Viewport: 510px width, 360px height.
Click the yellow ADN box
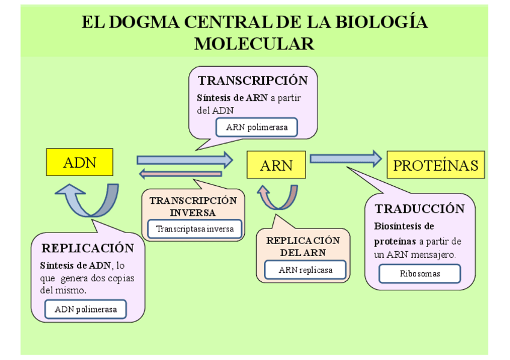point(79,162)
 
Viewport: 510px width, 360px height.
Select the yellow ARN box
point(276,165)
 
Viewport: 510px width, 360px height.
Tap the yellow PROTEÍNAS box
point(435,165)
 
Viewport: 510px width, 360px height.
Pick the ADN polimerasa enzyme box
point(85,310)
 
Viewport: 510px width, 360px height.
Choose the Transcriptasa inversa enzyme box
point(195,229)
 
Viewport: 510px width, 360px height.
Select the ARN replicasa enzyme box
point(305,270)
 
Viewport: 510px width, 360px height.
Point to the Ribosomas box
point(419,273)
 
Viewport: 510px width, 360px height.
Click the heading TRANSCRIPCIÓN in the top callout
point(253,81)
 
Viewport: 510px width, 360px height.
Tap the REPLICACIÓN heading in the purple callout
point(88,248)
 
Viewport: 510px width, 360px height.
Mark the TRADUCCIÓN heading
point(420,209)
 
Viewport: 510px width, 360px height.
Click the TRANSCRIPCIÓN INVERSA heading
point(193,206)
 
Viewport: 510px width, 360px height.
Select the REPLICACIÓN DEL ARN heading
point(303,246)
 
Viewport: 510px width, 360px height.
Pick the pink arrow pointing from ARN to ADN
point(180,174)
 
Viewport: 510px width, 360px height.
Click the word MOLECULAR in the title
point(254,44)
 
